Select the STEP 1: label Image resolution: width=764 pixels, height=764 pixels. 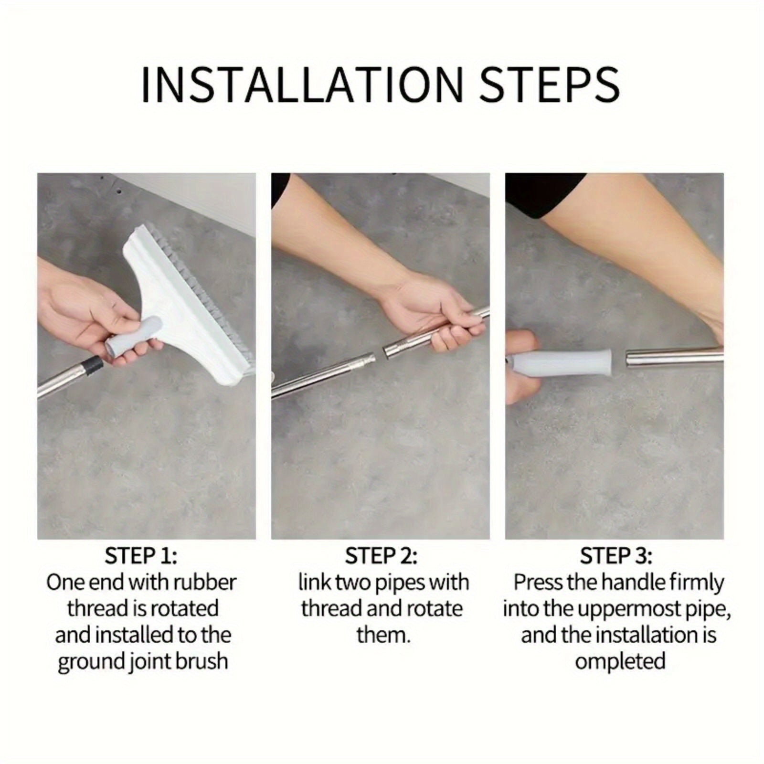[x=141, y=556]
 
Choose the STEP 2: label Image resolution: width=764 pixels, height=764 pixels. [x=381, y=556]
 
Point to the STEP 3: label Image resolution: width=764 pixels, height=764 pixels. [x=616, y=556]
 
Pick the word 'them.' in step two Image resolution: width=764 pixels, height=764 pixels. [x=383, y=636]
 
